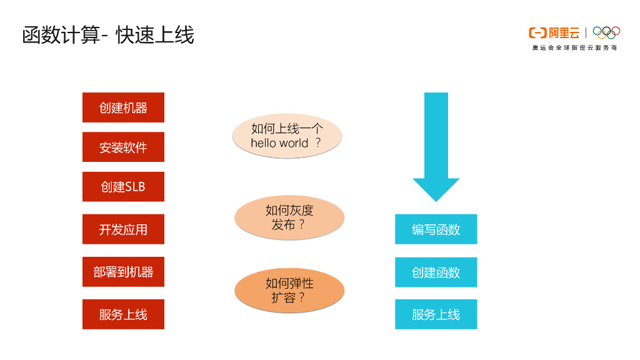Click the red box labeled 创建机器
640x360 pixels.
click(x=123, y=107)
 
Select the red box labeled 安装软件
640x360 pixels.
click(x=123, y=147)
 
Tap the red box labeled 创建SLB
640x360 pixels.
click(x=123, y=187)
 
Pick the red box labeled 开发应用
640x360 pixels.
click(x=123, y=229)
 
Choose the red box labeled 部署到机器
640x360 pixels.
click(x=123, y=272)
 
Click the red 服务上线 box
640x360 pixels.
click(x=123, y=314)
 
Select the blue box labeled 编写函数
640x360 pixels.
click(x=436, y=229)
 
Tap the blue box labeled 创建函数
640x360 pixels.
click(x=436, y=272)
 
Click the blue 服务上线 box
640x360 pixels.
click(x=436, y=314)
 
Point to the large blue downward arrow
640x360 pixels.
click(x=436, y=144)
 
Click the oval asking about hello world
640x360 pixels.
click(x=287, y=136)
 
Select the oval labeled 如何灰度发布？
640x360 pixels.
click(x=289, y=217)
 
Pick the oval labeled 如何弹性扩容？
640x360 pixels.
click(x=289, y=291)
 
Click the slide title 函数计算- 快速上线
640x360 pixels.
click(x=108, y=35)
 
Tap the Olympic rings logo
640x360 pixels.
click(x=606, y=32)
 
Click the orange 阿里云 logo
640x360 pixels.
click(x=554, y=32)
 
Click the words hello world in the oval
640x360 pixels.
click(x=279, y=143)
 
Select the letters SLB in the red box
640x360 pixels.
click(x=135, y=187)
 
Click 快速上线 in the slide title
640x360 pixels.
click(x=155, y=35)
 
